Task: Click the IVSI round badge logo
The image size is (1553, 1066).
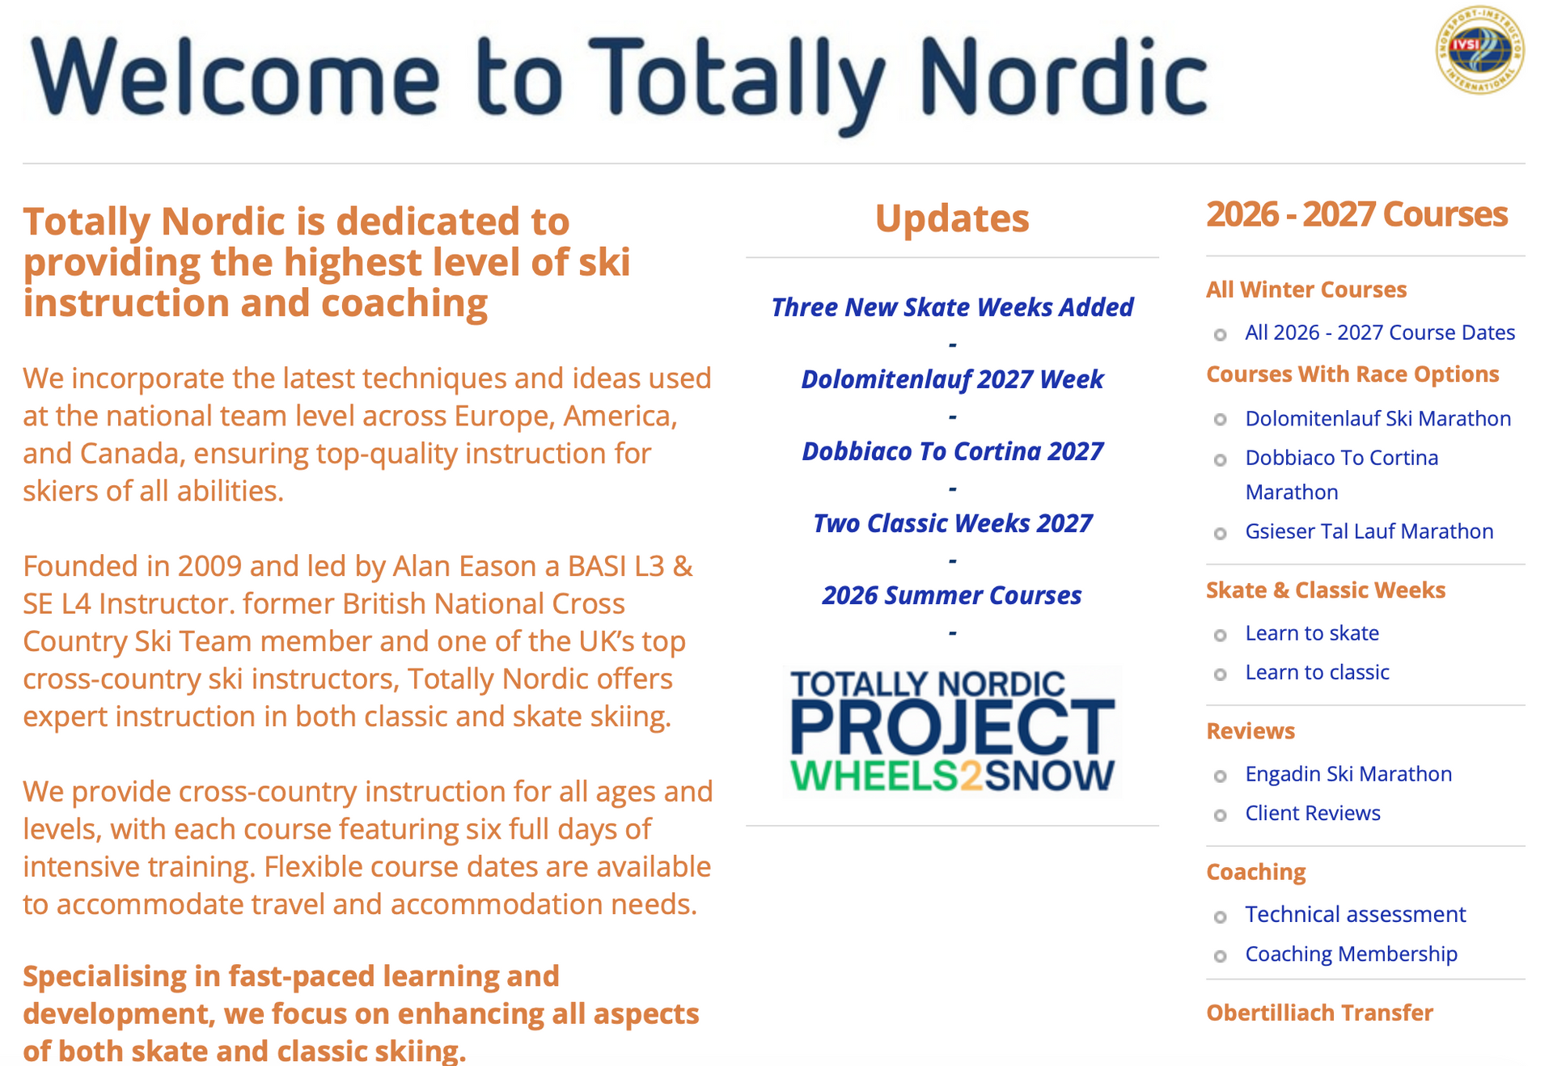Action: point(1480,50)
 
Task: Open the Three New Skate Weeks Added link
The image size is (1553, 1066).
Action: point(952,307)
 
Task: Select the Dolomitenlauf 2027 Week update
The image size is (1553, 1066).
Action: point(952,379)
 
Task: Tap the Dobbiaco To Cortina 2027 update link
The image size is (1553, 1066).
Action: point(952,451)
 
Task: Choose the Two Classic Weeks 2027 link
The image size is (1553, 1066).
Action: point(952,523)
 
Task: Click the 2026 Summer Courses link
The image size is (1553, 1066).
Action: point(952,595)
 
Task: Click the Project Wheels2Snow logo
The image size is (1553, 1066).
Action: point(952,731)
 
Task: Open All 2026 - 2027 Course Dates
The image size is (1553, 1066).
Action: point(1380,332)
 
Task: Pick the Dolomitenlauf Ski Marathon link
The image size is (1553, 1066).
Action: point(1378,418)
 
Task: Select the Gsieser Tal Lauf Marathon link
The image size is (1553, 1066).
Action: point(1369,531)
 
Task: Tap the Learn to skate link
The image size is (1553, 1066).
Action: point(1312,633)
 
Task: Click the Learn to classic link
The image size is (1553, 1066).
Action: point(1317,672)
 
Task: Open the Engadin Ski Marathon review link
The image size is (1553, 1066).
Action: point(1348,774)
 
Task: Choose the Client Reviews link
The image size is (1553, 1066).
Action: point(1313,813)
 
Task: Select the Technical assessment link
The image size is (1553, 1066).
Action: point(1355,915)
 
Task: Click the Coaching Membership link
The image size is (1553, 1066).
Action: point(1351,954)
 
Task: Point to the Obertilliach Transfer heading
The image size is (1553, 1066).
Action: point(1319,1013)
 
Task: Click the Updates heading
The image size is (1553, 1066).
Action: point(952,218)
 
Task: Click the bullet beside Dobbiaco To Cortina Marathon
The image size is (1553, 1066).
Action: point(1221,460)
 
